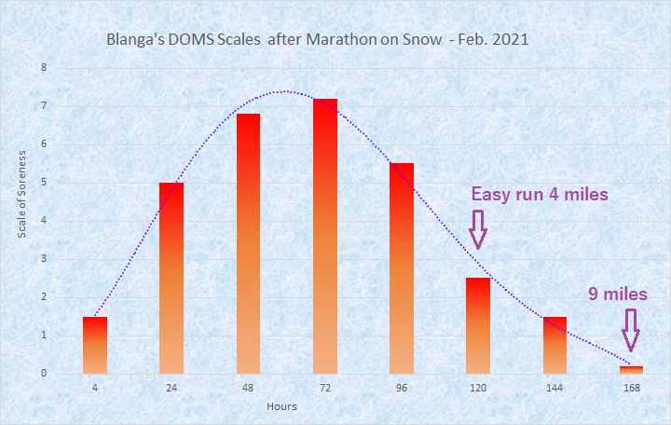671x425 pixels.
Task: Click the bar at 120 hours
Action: pyautogui.click(x=478, y=325)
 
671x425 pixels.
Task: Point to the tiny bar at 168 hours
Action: pyautogui.click(x=631, y=369)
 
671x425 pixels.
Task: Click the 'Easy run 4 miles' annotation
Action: pyautogui.click(x=540, y=195)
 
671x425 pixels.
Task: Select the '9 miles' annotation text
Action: pyautogui.click(x=617, y=295)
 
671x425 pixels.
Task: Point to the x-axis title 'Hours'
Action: pyautogui.click(x=281, y=407)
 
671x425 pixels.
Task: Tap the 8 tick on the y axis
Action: pyautogui.click(x=43, y=68)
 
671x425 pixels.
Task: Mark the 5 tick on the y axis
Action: pyautogui.click(x=43, y=183)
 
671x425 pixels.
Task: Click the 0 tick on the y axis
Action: pyautogui.click(x=43, y=374)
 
